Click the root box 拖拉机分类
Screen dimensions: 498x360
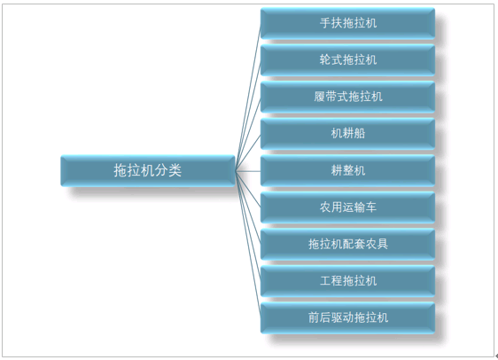click(x=148, y=170)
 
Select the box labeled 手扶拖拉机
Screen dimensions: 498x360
click(x=347, y=24)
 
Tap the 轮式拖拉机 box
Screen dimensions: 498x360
click(x=347, y=60)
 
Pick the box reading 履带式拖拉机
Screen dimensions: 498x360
click(x=347, y=98)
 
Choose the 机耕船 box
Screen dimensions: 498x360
click(x=347, y=134)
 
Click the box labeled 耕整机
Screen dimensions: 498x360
click(x=347, y=170)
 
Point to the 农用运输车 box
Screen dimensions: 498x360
click(x=347, y=207)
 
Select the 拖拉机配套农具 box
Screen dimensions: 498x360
click(x=347, y=245)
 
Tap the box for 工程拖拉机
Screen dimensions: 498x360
click(x=347, y=281)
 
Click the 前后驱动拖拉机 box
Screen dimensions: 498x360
click(x=347, y=318)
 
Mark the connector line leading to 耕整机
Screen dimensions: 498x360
click(x=248, y=171)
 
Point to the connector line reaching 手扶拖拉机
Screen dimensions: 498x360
click(x=248, y=98)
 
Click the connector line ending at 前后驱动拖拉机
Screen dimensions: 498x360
click(x=248, y=245)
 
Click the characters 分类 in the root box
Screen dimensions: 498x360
click(x=168, y=170)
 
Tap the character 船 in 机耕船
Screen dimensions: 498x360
click(x=360, y=134)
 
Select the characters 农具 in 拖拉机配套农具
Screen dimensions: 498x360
click(x=377, y=244)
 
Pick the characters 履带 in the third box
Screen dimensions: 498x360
click(x=325, y=97)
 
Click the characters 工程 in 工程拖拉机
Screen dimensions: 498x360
click(x=331, y=281)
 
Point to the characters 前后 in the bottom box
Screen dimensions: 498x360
click(x=319, y=317)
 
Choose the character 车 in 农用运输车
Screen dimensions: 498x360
click(x=371, y=207)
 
